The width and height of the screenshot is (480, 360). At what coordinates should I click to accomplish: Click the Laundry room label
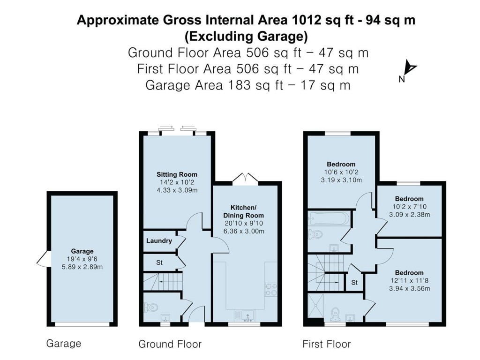tap(159, 241)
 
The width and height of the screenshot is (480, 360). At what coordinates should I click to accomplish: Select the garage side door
tap(43, 259)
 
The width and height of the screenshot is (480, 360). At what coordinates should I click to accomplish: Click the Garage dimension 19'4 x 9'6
tap(82, 259)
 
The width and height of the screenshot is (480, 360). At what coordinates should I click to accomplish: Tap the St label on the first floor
tap(354, 283)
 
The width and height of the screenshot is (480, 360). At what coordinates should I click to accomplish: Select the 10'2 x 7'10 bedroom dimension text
tap(409, 207)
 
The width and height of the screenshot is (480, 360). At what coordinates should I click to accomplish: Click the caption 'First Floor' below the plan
tap(326, 345)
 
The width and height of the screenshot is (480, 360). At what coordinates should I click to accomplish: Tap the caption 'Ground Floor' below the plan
tap(170, 345)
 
